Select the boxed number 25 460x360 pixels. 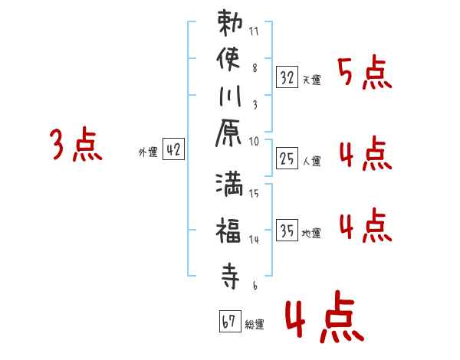[286, 159]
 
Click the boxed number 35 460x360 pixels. [286, 231]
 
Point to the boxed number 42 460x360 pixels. [173, 150]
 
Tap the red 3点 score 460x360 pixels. [76, 146]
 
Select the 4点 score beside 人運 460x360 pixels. [364, 155]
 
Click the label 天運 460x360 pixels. [311, 80]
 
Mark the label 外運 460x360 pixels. [147, 152]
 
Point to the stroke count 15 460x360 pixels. [254, 194]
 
